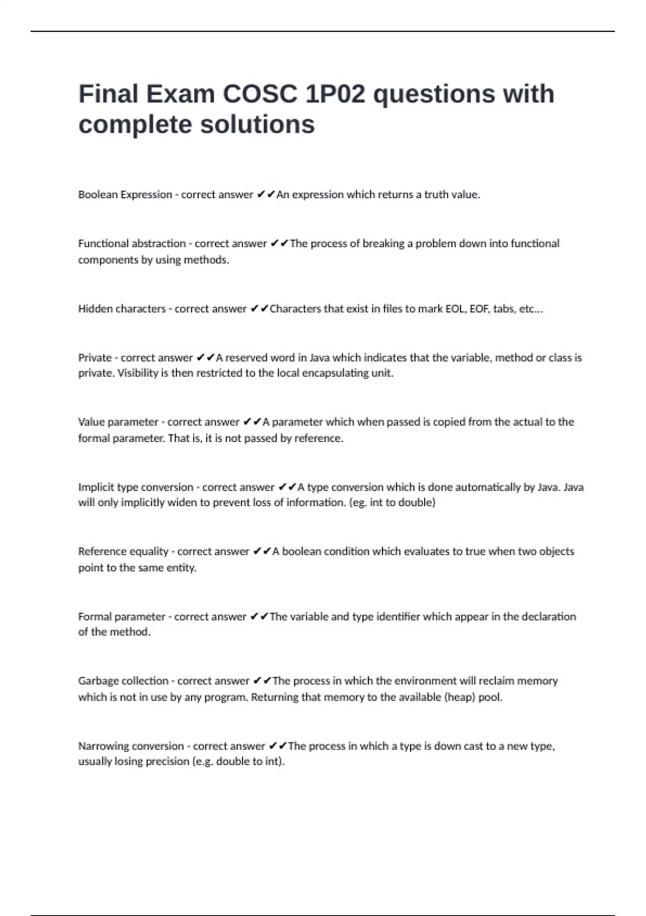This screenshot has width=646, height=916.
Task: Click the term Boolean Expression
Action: click(x=125, y=195)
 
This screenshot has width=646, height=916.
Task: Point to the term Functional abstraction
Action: click(x=132, y=244)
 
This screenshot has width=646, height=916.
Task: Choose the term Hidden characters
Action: click(x=122, y=309)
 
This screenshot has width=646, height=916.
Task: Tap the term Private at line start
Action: click(x=95, y=358)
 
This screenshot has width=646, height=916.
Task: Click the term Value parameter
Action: click(x=118, y=422)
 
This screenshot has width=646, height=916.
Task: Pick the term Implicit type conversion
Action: click(x=135, y=487)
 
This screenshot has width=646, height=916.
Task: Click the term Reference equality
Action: click(x=123, y=551)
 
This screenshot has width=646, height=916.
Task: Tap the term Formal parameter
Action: click(x=122, y=616)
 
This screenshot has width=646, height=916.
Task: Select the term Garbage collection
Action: click(x=123, y=681)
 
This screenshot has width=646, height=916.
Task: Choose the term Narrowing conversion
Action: click(x=131, y=746)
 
